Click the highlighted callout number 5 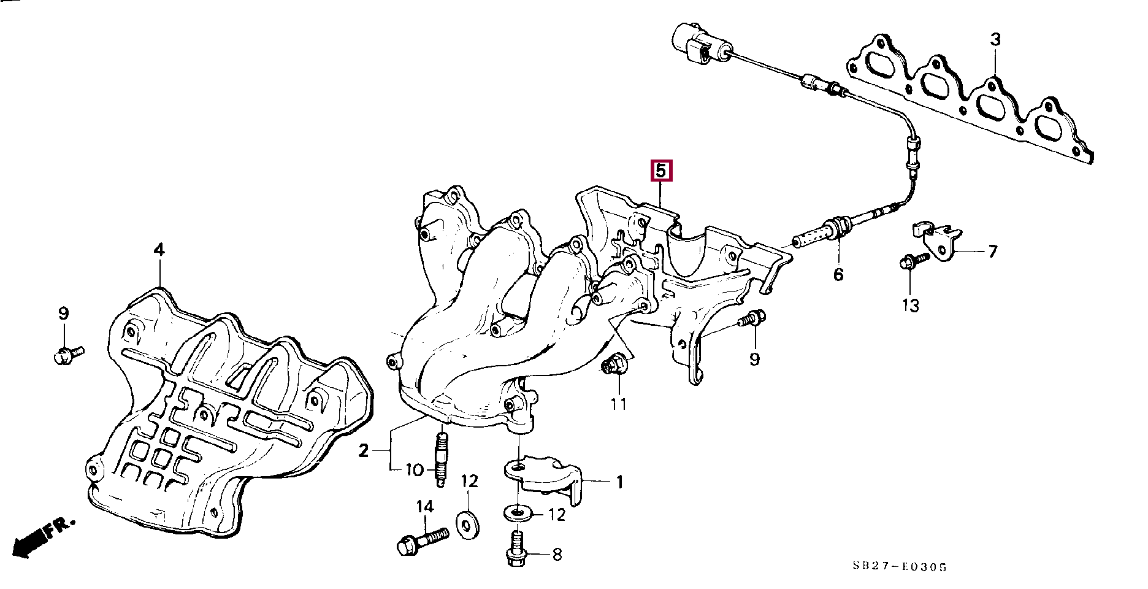[661, 171]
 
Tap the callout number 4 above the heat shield [159, 250]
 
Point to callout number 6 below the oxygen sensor [838, 274]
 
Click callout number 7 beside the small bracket [992, 251]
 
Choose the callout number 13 [911, 305]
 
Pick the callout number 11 [618, 404]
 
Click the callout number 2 [364, 452]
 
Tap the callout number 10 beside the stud [415, 471]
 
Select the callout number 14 [424, 507]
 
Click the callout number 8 [556, 555]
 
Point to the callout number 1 [619, 482]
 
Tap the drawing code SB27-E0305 [899, 567]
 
